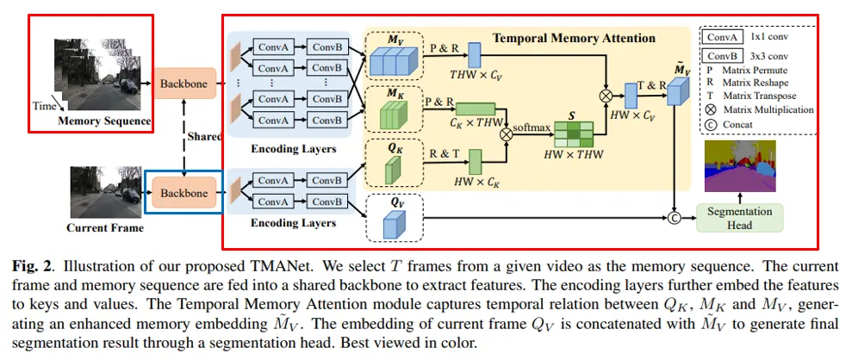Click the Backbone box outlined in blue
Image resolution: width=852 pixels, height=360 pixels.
coord(184,194)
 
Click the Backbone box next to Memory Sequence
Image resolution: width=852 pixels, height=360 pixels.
coord(184,83)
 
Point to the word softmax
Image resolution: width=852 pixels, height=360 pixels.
coord(531,127)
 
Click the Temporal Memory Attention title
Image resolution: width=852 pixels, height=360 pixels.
coord(574,38)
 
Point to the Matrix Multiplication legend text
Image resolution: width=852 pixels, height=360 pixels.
coord(772,109)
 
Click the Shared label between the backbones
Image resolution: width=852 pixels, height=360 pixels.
coord(204,136)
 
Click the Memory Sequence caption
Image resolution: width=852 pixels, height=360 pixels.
coord(104,121)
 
